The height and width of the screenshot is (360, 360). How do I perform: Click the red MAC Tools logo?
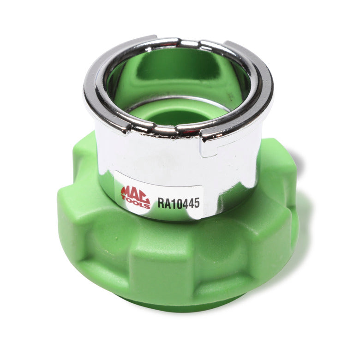(135, 196)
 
